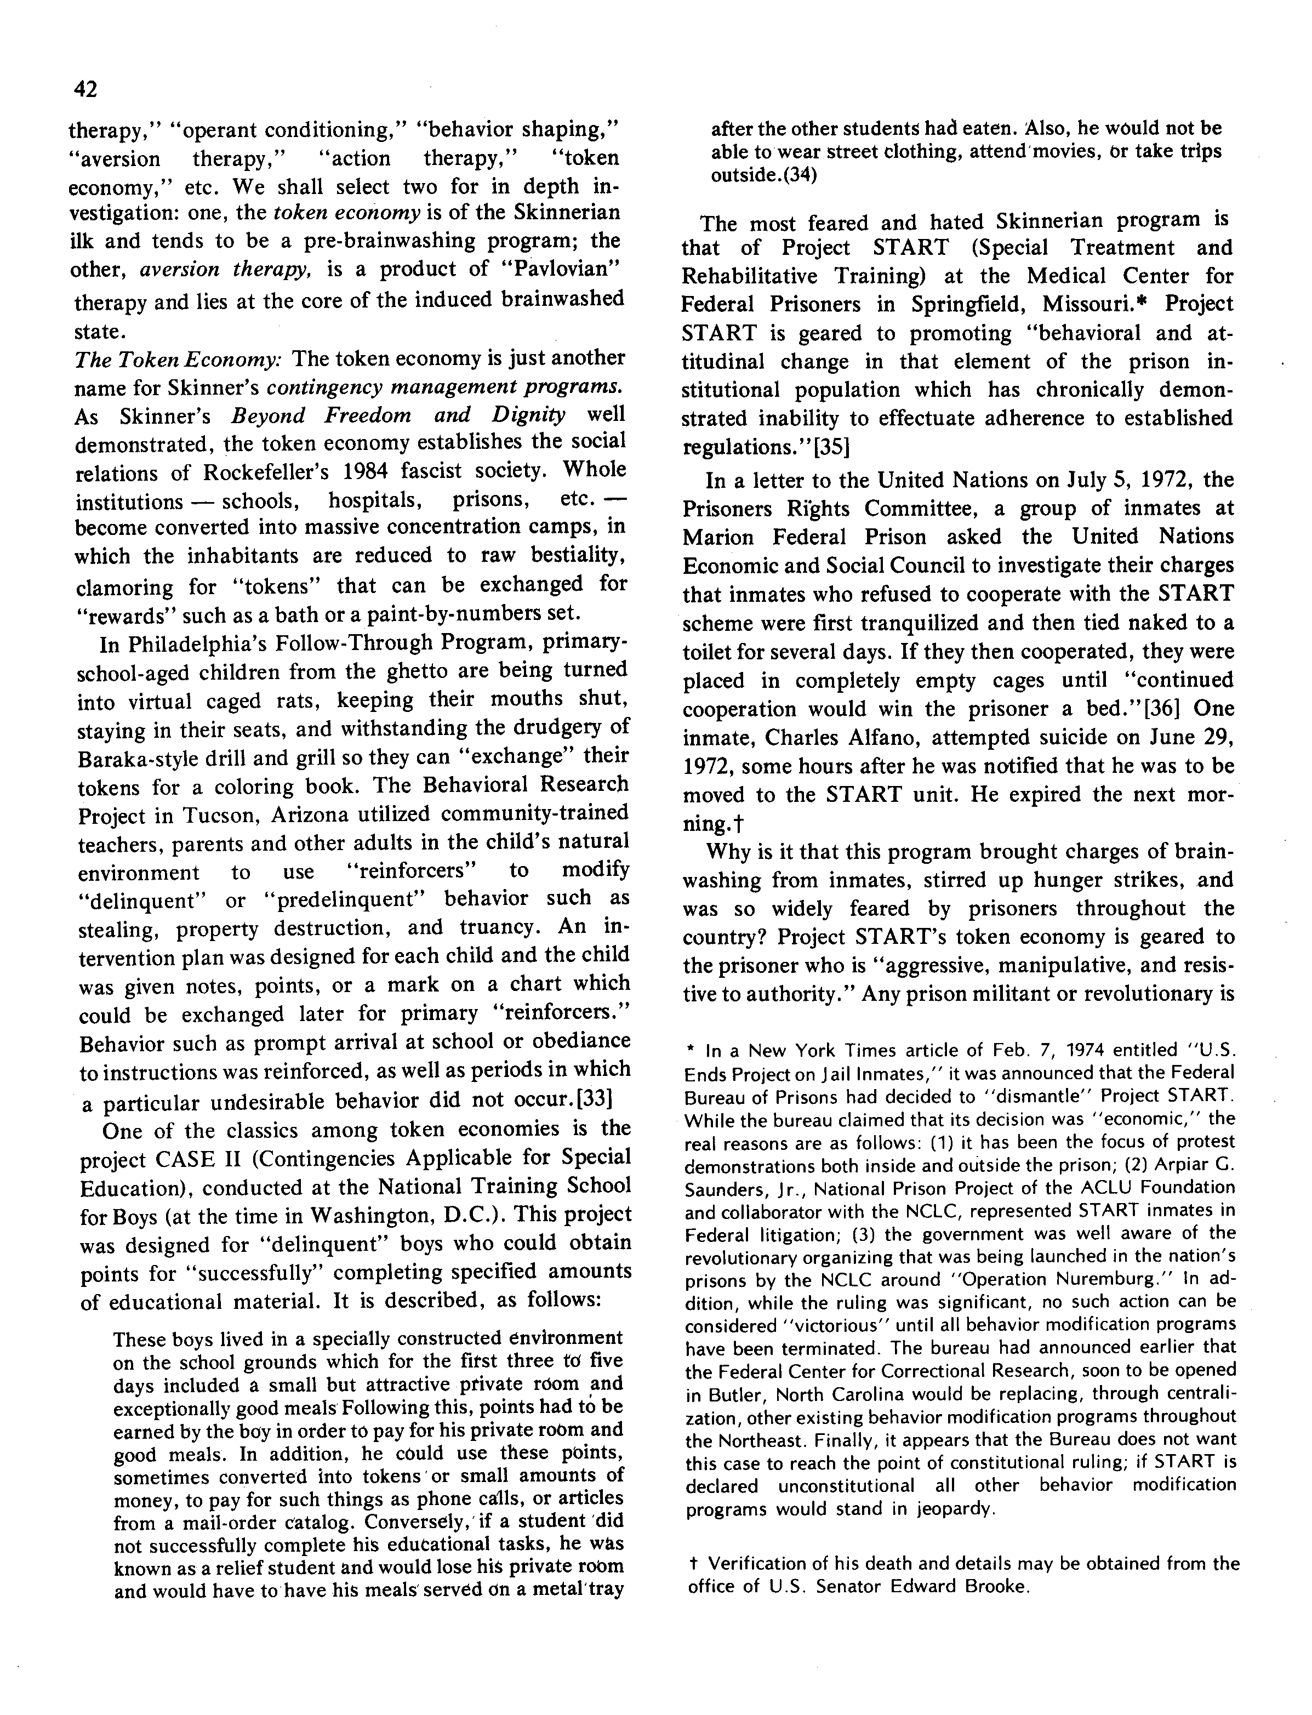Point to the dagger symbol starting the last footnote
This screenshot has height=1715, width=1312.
click(693, 1564)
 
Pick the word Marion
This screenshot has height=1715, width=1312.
click(720, 537)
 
